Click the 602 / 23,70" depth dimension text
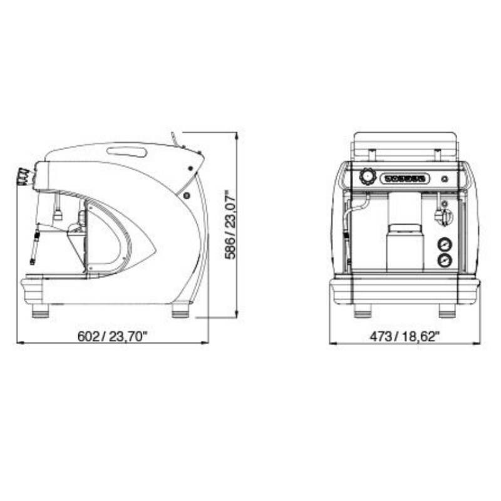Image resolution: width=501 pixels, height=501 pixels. pos(113,336)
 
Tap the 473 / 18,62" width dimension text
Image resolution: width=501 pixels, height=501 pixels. pos(405,336)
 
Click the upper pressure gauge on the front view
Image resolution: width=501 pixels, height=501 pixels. pos(445,244)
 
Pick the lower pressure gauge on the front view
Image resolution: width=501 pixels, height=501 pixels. pos(445,260)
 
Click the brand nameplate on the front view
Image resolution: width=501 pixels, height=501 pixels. pos(405,178)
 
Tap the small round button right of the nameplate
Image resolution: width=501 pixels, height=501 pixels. pos(444,179)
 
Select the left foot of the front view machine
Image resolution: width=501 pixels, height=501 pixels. pos(363,311)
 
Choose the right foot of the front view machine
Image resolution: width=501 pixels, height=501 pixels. pos(447,311)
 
